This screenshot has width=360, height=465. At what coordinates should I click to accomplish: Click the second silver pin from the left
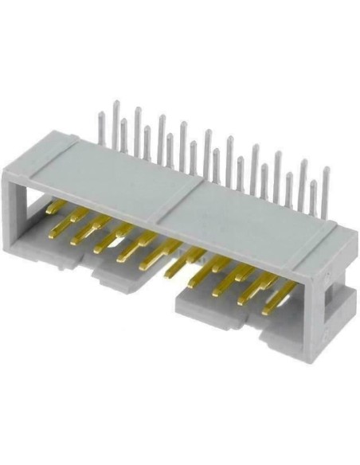coord(116,119)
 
